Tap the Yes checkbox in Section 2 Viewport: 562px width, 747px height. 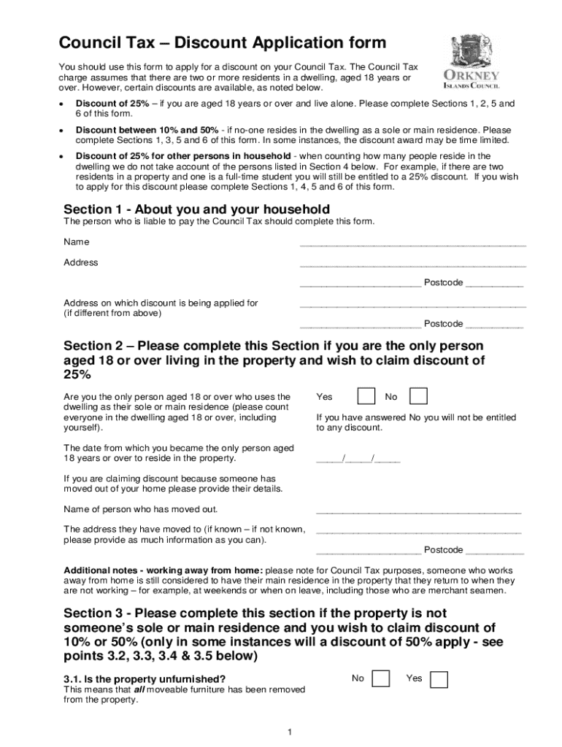click(x=366, y=396)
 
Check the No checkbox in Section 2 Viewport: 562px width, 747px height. click(x=418, y=396)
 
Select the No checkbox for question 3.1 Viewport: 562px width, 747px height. click(x=380, y=679)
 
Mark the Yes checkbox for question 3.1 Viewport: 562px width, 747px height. click(x=439, y=679)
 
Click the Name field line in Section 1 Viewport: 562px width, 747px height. click(x=412, y=244)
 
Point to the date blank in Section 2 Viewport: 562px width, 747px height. click(x=358, y=460)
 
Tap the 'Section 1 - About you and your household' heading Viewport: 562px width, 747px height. click(x=197, y=209)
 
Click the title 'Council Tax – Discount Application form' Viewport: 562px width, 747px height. click(x=212, y=43)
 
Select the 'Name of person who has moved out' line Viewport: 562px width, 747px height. click(x=418, y=511)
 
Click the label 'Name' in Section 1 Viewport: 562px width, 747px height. click(x=77, y=241)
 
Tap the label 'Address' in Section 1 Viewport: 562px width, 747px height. click(x=81, y=262)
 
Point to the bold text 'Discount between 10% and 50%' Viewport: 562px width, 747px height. click(x=147, y=130)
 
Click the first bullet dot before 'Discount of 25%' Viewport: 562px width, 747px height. click(x=63, y=104)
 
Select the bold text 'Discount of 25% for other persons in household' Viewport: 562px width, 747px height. click(x=183, y=156)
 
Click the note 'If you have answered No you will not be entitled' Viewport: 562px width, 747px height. click(x=416, y=417)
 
